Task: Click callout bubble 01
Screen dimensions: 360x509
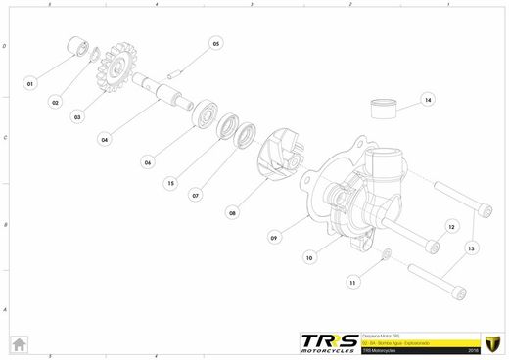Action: [30, 84]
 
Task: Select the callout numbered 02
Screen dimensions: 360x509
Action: [56, 102]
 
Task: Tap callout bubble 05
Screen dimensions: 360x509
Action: [216, 44]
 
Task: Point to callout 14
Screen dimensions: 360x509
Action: [427, 100]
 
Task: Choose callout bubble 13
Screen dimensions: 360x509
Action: [472, 249]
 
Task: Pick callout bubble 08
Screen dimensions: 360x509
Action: [232, 212]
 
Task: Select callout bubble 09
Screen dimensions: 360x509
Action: [274, 236]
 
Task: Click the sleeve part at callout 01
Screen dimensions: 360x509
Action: [74, 46]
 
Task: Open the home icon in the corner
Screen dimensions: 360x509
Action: [19, 342]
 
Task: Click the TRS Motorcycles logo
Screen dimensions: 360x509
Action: [327, 341]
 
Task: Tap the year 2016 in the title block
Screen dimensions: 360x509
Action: [472, 351]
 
